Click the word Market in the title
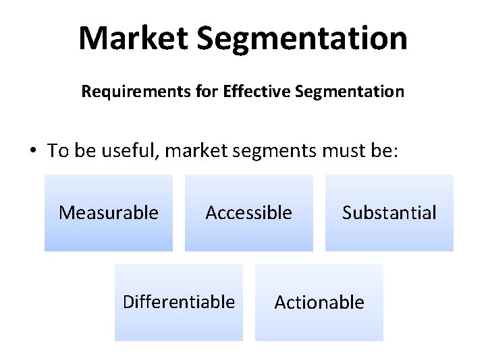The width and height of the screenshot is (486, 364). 134,38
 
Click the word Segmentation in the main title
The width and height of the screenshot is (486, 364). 302,40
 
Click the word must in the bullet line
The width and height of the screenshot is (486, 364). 338,150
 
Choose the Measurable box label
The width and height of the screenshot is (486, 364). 109,213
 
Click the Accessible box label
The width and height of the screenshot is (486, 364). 249,213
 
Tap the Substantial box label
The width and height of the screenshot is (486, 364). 389,213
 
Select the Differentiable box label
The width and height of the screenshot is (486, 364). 179,301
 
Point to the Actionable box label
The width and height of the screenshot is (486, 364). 319,302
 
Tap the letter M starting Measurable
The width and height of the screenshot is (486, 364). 66,213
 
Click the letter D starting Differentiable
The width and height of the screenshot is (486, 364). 128,301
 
